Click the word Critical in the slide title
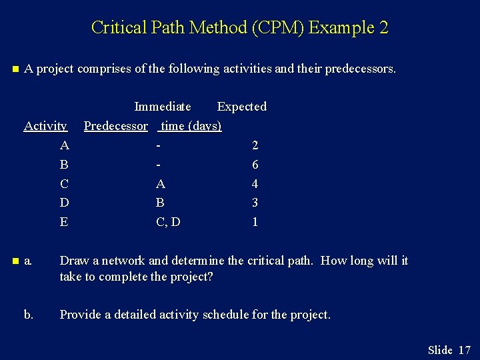coord(114,28)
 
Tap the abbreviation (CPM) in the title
coord(275,28)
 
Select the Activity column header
coord(45,126)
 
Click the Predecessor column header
coord(116,126)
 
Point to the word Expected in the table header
coord(241,107)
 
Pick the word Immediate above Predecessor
coord(163,107)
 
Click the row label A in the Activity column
coord(64,145)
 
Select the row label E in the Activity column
coord(64,222)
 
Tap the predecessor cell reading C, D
coord(168,222)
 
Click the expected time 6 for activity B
coord(255,165)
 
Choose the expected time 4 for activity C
coord(255,184)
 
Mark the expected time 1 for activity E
coord(255,222)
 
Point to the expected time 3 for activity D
coord(255,203)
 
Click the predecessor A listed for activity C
coord(161,184)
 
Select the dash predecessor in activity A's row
coord(159,145)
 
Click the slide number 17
coord(465,350)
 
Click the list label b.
coord(29,315)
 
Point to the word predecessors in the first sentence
coord(359,69)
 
